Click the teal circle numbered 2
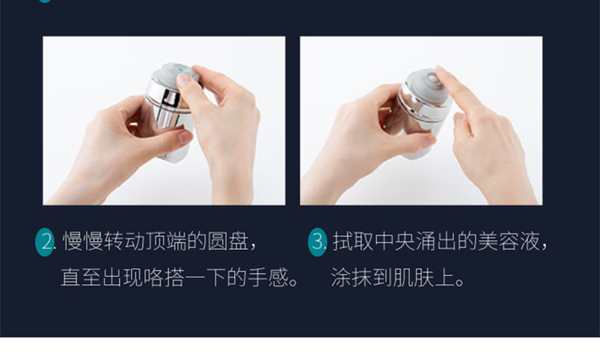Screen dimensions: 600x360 44,241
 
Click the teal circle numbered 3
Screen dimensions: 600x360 317,241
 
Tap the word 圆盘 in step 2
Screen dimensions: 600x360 228,241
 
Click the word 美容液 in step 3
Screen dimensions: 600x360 508,241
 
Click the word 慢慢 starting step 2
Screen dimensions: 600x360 83,241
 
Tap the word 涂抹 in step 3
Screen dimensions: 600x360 351,277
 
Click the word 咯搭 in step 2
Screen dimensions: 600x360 164,277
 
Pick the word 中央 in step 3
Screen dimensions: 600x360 394,241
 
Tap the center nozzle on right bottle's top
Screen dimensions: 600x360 433,79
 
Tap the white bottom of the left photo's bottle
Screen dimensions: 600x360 175,154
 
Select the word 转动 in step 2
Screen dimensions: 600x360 124,241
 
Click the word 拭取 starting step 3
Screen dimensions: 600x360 352,241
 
